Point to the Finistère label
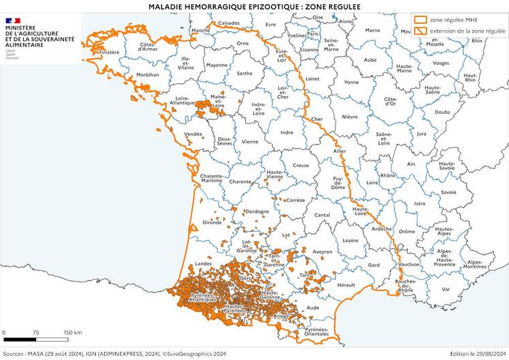point(109,52)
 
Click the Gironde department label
point(213,222)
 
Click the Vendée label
point(193,134)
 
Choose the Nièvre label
point(349,117)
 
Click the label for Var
point(446,288)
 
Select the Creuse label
point(300,165)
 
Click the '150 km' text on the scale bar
point(72,332)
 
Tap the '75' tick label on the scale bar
point(35,332)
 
